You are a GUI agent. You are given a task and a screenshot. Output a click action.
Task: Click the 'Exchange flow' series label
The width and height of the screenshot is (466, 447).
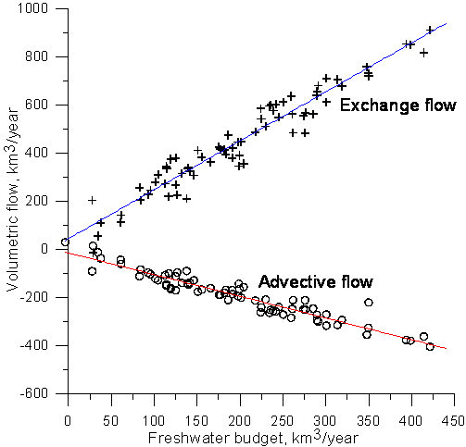pos(398,106)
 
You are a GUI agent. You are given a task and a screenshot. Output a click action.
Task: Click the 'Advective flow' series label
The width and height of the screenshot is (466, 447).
pos(316,281)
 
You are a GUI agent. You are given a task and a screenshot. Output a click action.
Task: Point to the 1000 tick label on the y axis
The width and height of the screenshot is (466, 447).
pos(33,8)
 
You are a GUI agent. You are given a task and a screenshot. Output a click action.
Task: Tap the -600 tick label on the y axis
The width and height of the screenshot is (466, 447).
pos(34,393)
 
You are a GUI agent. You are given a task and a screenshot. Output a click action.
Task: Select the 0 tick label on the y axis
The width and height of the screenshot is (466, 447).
pos(44,249)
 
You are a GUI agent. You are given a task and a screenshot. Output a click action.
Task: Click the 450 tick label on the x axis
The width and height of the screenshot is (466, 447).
pos(453,421)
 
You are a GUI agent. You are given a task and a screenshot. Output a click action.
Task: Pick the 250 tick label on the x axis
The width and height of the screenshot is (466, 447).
pos(282,421)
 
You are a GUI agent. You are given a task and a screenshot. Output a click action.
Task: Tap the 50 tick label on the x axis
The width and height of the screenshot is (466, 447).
pos(110,421)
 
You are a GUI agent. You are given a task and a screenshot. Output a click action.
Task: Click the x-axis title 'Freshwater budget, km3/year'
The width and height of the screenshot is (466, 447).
pos(253,438)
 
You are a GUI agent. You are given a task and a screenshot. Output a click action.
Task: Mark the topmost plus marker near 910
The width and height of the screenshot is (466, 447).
pos(430,30)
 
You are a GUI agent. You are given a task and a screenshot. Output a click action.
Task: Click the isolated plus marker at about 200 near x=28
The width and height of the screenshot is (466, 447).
pos(92,201)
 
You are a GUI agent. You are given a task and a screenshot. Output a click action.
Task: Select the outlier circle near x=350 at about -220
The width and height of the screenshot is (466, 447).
pos(369,303)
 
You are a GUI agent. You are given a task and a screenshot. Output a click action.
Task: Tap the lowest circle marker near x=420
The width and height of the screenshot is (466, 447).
pos(430,347)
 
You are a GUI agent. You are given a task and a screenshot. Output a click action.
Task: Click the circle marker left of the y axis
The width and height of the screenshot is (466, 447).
pos(65,242)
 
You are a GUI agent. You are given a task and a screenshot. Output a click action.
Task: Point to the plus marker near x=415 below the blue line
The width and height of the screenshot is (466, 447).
pos(424,53)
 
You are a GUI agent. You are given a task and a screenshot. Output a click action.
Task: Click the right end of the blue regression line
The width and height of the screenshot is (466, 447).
pos(447,23)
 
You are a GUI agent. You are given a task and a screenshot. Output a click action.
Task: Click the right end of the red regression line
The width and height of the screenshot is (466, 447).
pos(447,349)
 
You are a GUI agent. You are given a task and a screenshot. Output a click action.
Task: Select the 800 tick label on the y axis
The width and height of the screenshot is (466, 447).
pos(37,56)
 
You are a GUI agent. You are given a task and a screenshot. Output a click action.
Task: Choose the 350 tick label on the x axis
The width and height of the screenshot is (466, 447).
pos(368,421)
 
